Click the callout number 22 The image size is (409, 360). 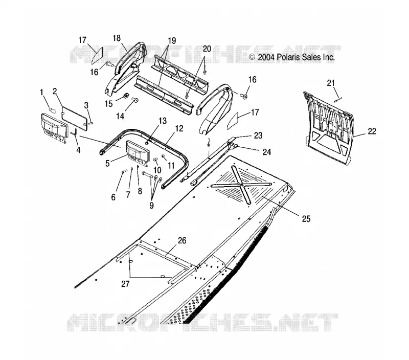pyautogui.click(x=372, y=131)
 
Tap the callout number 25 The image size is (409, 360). pyautogui.click(x=306, y=219)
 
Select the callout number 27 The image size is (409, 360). pyautogui.click(x=125, y=284)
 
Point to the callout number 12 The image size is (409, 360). pyautogui.click(x=179, y=128)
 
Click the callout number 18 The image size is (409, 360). pyautogui.click(x=117, y=38)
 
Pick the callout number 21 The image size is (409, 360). pyautogui.click(x=331, y=83)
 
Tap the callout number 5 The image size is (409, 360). pyautogui.click(x=107, y=164)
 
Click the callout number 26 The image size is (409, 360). pyautogui.click(x=182, y=240)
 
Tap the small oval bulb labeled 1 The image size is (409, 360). pyautogui.click(x=53, y=110)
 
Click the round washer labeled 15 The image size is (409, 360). pyautogui.click(x=125, y=96)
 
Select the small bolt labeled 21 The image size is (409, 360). pyautogui.click(x=338, y=99)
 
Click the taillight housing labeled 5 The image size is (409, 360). pyautogui.click(x=138, y=154)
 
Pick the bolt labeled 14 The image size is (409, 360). pyautogui.click(x=135, y=100)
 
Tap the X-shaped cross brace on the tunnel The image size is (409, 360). pyautogui.click(x=241, y=184)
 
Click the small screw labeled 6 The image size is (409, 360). pyautogui.click(x=124, y=171)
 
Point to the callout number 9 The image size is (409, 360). pyautogui.click(x=151, y=205)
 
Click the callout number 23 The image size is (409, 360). pyautogui.click(x=258, y=136)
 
